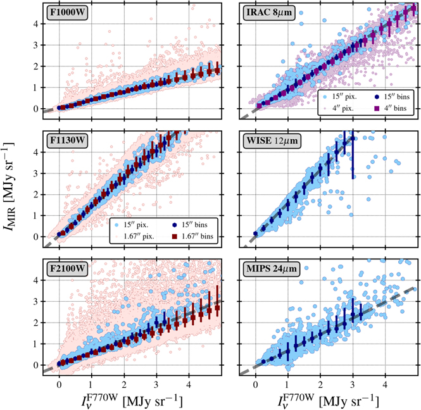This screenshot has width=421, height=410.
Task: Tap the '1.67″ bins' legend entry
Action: click(196, 237)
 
